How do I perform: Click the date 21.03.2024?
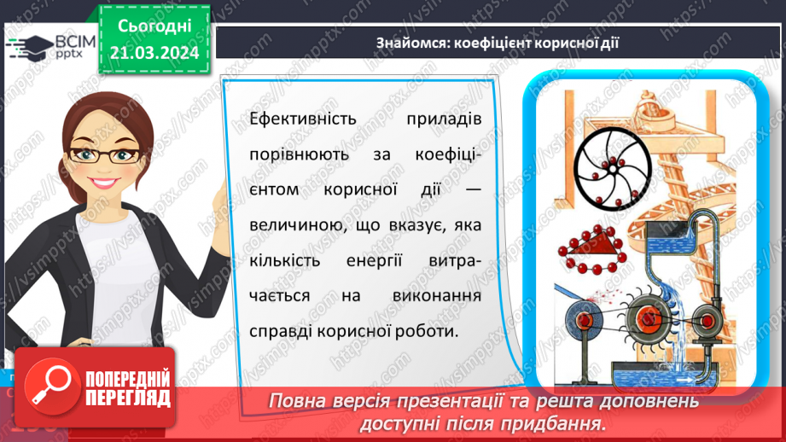click(x=154, y=53)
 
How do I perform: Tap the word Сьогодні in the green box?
click(x=154, y=26)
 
